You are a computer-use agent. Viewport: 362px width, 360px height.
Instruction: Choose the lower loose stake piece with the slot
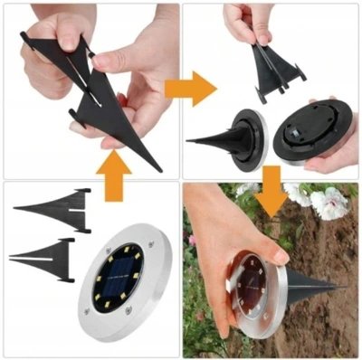pos(45,252)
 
